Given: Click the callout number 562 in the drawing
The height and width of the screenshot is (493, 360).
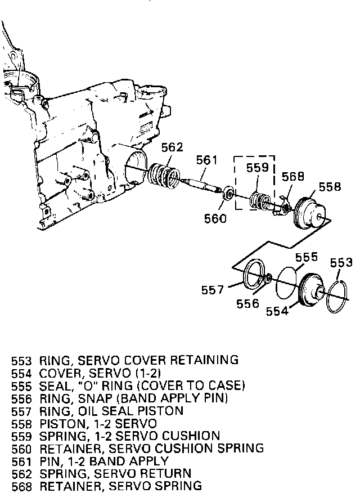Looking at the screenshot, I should point(172,147).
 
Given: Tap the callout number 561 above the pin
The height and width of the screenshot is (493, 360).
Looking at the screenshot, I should point(207,160).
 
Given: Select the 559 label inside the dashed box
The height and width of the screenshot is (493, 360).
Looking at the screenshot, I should point(258,167).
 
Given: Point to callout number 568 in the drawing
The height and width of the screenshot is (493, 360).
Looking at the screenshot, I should point(293,176).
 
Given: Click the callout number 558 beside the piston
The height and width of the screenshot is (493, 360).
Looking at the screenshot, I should point(330,187).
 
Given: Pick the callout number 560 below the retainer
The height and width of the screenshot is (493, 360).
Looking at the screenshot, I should point(215,218).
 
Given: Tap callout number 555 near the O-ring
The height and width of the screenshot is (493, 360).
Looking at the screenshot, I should point(307,257).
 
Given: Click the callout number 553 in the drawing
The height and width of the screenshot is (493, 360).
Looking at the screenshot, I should point(341,263).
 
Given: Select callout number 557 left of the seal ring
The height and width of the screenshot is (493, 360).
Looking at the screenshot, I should point(213,290).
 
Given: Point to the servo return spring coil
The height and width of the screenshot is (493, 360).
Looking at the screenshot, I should point(164,175).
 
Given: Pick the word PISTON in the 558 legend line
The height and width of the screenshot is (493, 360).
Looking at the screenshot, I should point(59,423).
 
